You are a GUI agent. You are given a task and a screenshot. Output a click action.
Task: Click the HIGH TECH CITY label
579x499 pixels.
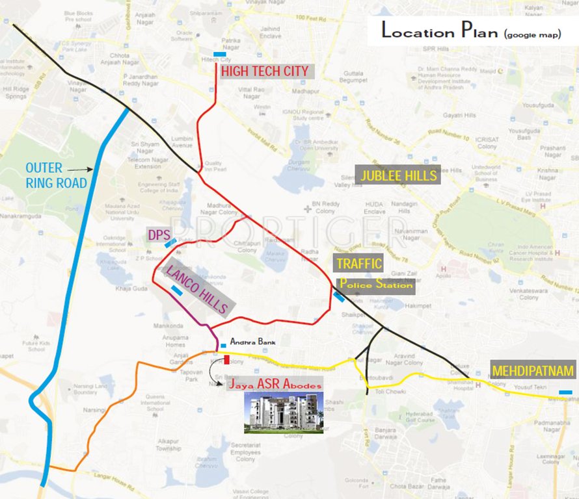(x=265, y=71)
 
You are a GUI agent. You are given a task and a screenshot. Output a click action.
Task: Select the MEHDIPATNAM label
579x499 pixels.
(x=533, y=371)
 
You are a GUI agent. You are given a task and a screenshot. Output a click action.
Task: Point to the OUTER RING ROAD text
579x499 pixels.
(x=57, y=176)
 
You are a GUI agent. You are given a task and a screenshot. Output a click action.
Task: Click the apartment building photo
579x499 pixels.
(x=283, y=413)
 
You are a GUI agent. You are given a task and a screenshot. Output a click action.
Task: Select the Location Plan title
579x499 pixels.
(x=470, y=31)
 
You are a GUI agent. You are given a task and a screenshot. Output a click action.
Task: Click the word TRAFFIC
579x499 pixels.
(x=358, y=263)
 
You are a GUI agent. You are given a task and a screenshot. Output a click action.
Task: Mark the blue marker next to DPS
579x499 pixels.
(x=170, y=244)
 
